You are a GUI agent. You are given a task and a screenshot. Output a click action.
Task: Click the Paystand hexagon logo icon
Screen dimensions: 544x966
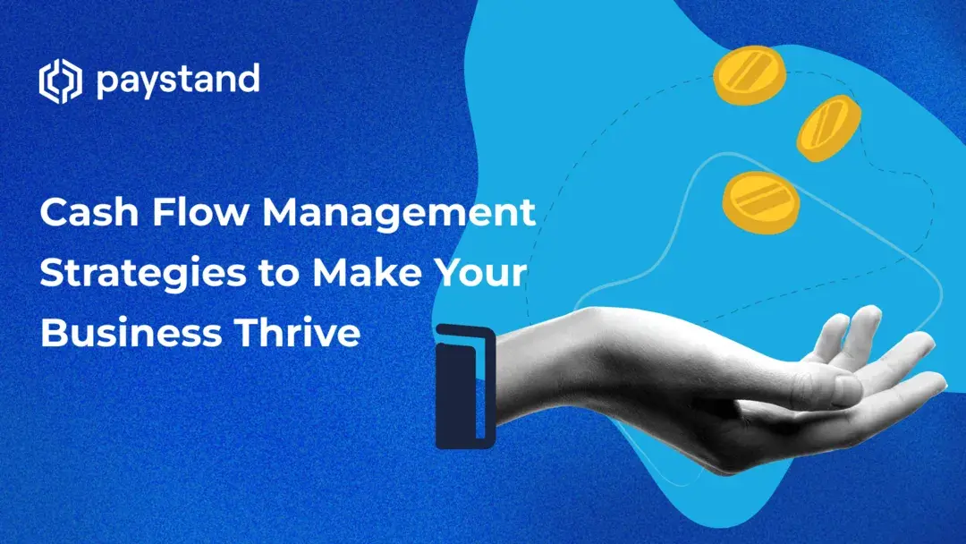(x=59, y=81)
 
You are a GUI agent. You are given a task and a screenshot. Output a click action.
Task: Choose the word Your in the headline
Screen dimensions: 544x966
(x=479, y=273)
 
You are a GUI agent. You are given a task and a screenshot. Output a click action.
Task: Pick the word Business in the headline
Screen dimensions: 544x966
(x=131, y=333)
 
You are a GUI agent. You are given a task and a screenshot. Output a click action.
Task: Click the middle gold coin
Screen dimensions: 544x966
(x=829, y=128)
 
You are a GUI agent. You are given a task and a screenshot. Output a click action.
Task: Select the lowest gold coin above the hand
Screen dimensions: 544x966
(x=760, y=202)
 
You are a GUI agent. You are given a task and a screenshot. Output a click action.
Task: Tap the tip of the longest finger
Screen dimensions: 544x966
(x=938, y=381)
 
